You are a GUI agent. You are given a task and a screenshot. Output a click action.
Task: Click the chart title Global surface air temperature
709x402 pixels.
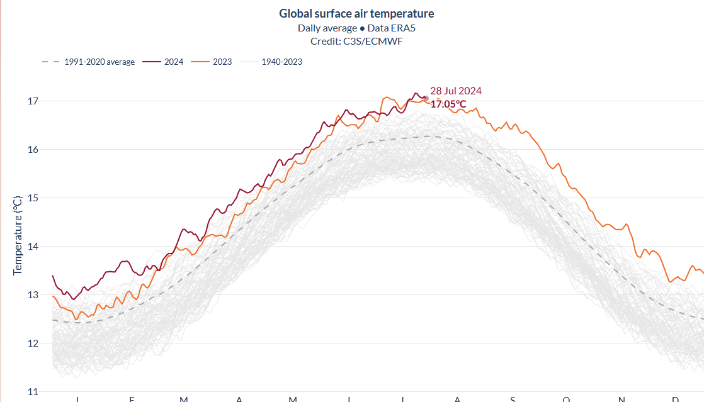tap(356, 14)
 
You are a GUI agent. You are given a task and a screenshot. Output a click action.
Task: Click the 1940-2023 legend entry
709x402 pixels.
tap(281, 62)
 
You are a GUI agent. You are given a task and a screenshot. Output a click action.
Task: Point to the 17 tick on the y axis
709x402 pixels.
tap(33, 101)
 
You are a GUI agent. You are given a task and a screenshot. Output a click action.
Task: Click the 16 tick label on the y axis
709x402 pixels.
tap(33, 150)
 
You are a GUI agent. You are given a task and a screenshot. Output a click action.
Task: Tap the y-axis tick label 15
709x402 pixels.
tap(33, 198)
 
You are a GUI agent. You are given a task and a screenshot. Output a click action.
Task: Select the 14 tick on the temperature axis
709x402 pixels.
tap(33, 247)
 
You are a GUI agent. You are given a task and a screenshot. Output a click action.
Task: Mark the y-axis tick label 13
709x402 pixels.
tap(33, 295)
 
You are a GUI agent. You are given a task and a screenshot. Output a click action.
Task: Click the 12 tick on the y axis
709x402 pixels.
tap(33, 343)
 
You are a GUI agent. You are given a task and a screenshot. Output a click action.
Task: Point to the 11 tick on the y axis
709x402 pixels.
tap(33, 391)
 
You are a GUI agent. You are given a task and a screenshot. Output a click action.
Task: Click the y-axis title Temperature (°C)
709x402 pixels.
tap(18, 235)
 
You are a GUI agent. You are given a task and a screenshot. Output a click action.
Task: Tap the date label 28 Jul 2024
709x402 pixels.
tap(456, 91)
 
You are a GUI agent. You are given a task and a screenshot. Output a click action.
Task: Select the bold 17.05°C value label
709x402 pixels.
tap(448, 104)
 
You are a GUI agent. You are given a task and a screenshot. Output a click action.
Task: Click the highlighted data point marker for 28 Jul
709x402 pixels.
tap(426, 99)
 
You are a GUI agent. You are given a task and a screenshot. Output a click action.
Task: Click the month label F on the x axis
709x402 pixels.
tap(132, 399)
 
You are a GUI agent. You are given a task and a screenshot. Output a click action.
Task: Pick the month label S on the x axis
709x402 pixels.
tap(513, 399)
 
